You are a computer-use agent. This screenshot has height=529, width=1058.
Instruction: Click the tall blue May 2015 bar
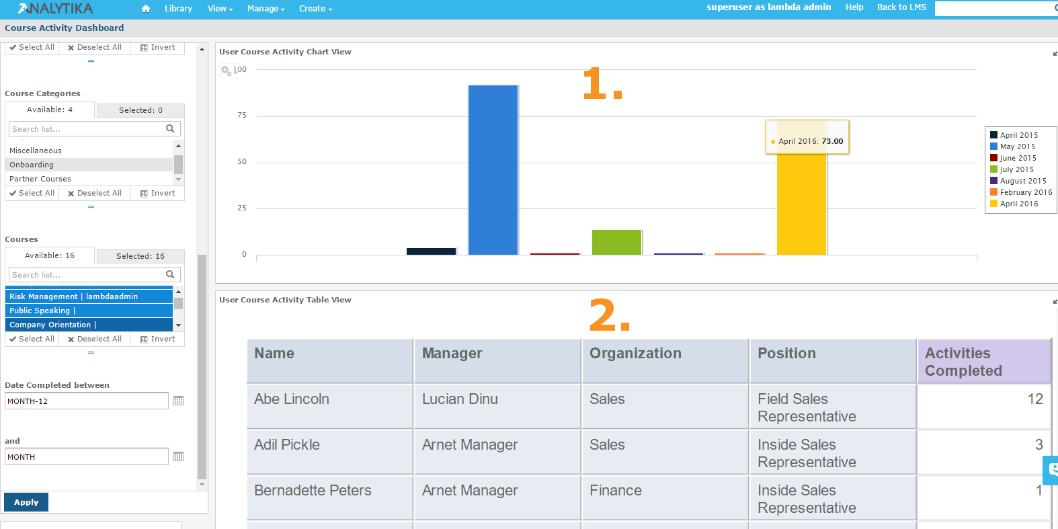[x=493, y=170]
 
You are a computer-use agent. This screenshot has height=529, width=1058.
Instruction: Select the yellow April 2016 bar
[x=801, y=203]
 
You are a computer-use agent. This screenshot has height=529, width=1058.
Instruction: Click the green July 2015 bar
[x=616, y=242]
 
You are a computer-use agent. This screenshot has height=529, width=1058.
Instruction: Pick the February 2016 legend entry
[x=1020, y=192]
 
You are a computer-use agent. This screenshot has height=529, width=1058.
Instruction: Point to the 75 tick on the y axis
[x=242, y=115]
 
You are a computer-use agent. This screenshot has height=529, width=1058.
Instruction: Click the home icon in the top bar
[x=145, y=9]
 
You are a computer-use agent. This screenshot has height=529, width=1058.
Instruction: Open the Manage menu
[x=266, y=9]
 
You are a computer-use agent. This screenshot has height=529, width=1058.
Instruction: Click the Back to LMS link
[x=901, y=7]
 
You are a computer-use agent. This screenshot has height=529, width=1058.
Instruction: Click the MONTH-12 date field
[x=87, y=401]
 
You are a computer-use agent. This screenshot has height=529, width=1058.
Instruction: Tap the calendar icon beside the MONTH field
[x=179, y=456]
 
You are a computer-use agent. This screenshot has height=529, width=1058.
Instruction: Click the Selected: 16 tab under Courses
[x=140, y=256]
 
